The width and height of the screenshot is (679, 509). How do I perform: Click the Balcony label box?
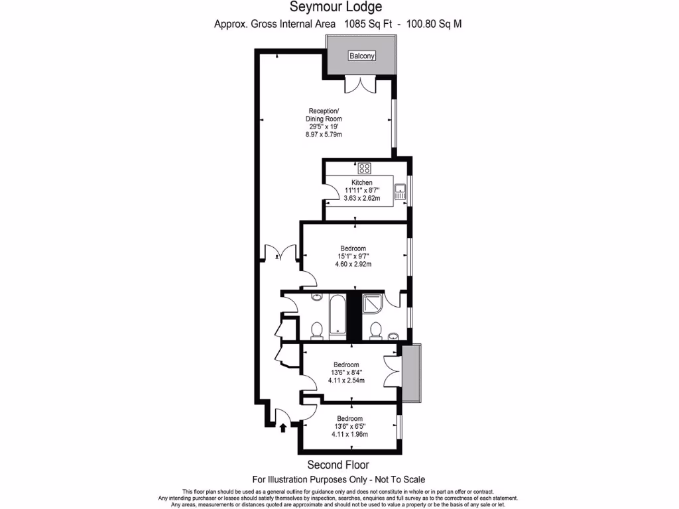click(x=362, y=56)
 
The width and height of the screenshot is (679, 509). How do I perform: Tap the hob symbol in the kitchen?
click(x=365, y=168)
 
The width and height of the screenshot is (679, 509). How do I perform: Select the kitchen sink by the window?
click(x=400, y=193)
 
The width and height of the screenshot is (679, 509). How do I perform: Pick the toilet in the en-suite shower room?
click(x=376, y=330)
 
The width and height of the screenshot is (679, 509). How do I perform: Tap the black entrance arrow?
click(x=283, y=427)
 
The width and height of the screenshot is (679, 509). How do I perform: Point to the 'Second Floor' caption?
click(x=338, y=465)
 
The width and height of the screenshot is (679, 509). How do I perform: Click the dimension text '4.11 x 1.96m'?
click(x=349, y=434)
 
